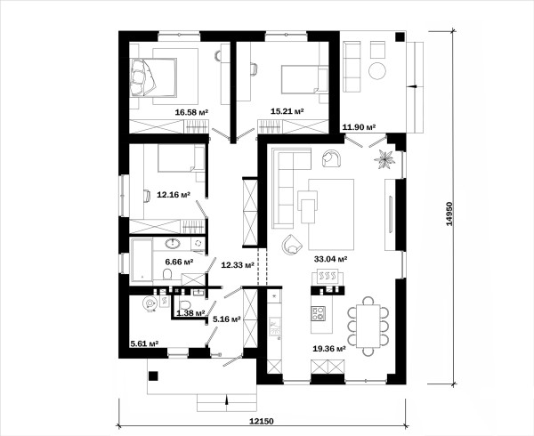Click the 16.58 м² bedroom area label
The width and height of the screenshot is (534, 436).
191,112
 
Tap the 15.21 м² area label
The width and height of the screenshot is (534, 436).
287,111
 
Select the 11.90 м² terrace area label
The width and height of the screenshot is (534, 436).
359,127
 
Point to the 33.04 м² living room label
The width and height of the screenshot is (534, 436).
330,259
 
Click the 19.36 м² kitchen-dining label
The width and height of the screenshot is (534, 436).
329,349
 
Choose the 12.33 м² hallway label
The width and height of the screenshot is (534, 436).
238,265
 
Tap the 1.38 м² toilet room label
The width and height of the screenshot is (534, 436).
190,313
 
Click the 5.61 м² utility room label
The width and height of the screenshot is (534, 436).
144,343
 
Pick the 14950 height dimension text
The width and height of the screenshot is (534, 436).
449,214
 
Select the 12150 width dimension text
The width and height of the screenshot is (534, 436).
262,421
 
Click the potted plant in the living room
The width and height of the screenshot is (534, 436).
384,159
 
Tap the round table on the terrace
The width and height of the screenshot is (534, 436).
377,71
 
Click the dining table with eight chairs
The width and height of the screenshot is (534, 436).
368,326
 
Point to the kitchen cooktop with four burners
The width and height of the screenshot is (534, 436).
318,313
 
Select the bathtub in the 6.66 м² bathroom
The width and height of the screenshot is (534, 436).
142,261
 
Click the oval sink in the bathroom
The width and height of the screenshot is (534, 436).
173,243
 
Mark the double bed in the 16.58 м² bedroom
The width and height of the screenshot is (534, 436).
153,77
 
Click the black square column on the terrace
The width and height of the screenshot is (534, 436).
400,36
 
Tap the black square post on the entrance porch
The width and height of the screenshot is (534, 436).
153,375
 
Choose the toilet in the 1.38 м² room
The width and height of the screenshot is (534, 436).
185,304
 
